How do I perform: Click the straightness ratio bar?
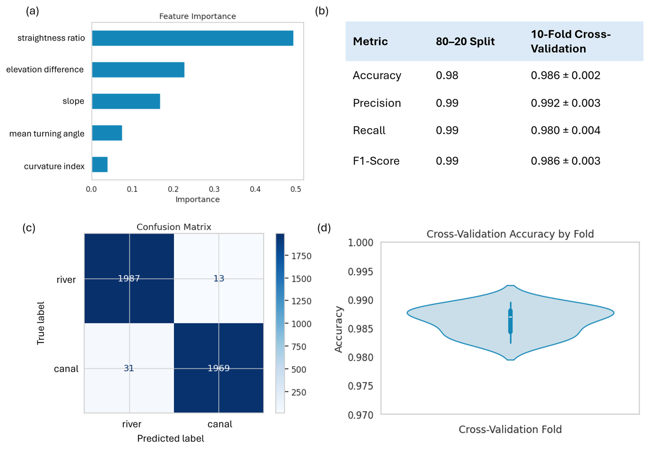click(192, 38)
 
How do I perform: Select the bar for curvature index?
click(100, 164)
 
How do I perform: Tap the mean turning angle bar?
click(107, 133)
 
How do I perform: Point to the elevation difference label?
click(45, 70)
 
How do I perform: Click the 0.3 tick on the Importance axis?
click(214, 189)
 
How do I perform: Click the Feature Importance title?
click(198, 16)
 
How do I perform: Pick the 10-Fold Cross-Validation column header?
click(570, 42)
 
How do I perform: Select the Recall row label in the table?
click(369, 130)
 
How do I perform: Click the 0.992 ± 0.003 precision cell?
click(565, 103)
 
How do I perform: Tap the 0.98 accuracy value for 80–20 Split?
click(447, 76)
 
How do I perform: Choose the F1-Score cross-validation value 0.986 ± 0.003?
click(565, 161)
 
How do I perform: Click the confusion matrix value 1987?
click(129, 278)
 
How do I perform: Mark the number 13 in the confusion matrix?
click(219, 278)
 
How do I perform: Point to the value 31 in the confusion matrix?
click(129, 368)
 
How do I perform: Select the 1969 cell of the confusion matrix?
click(219, 368)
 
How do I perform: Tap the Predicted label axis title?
click(170, 438)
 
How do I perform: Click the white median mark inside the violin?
click(511, 317)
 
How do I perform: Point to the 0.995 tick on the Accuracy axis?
click(360, 272)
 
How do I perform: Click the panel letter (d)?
click(324, 228)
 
